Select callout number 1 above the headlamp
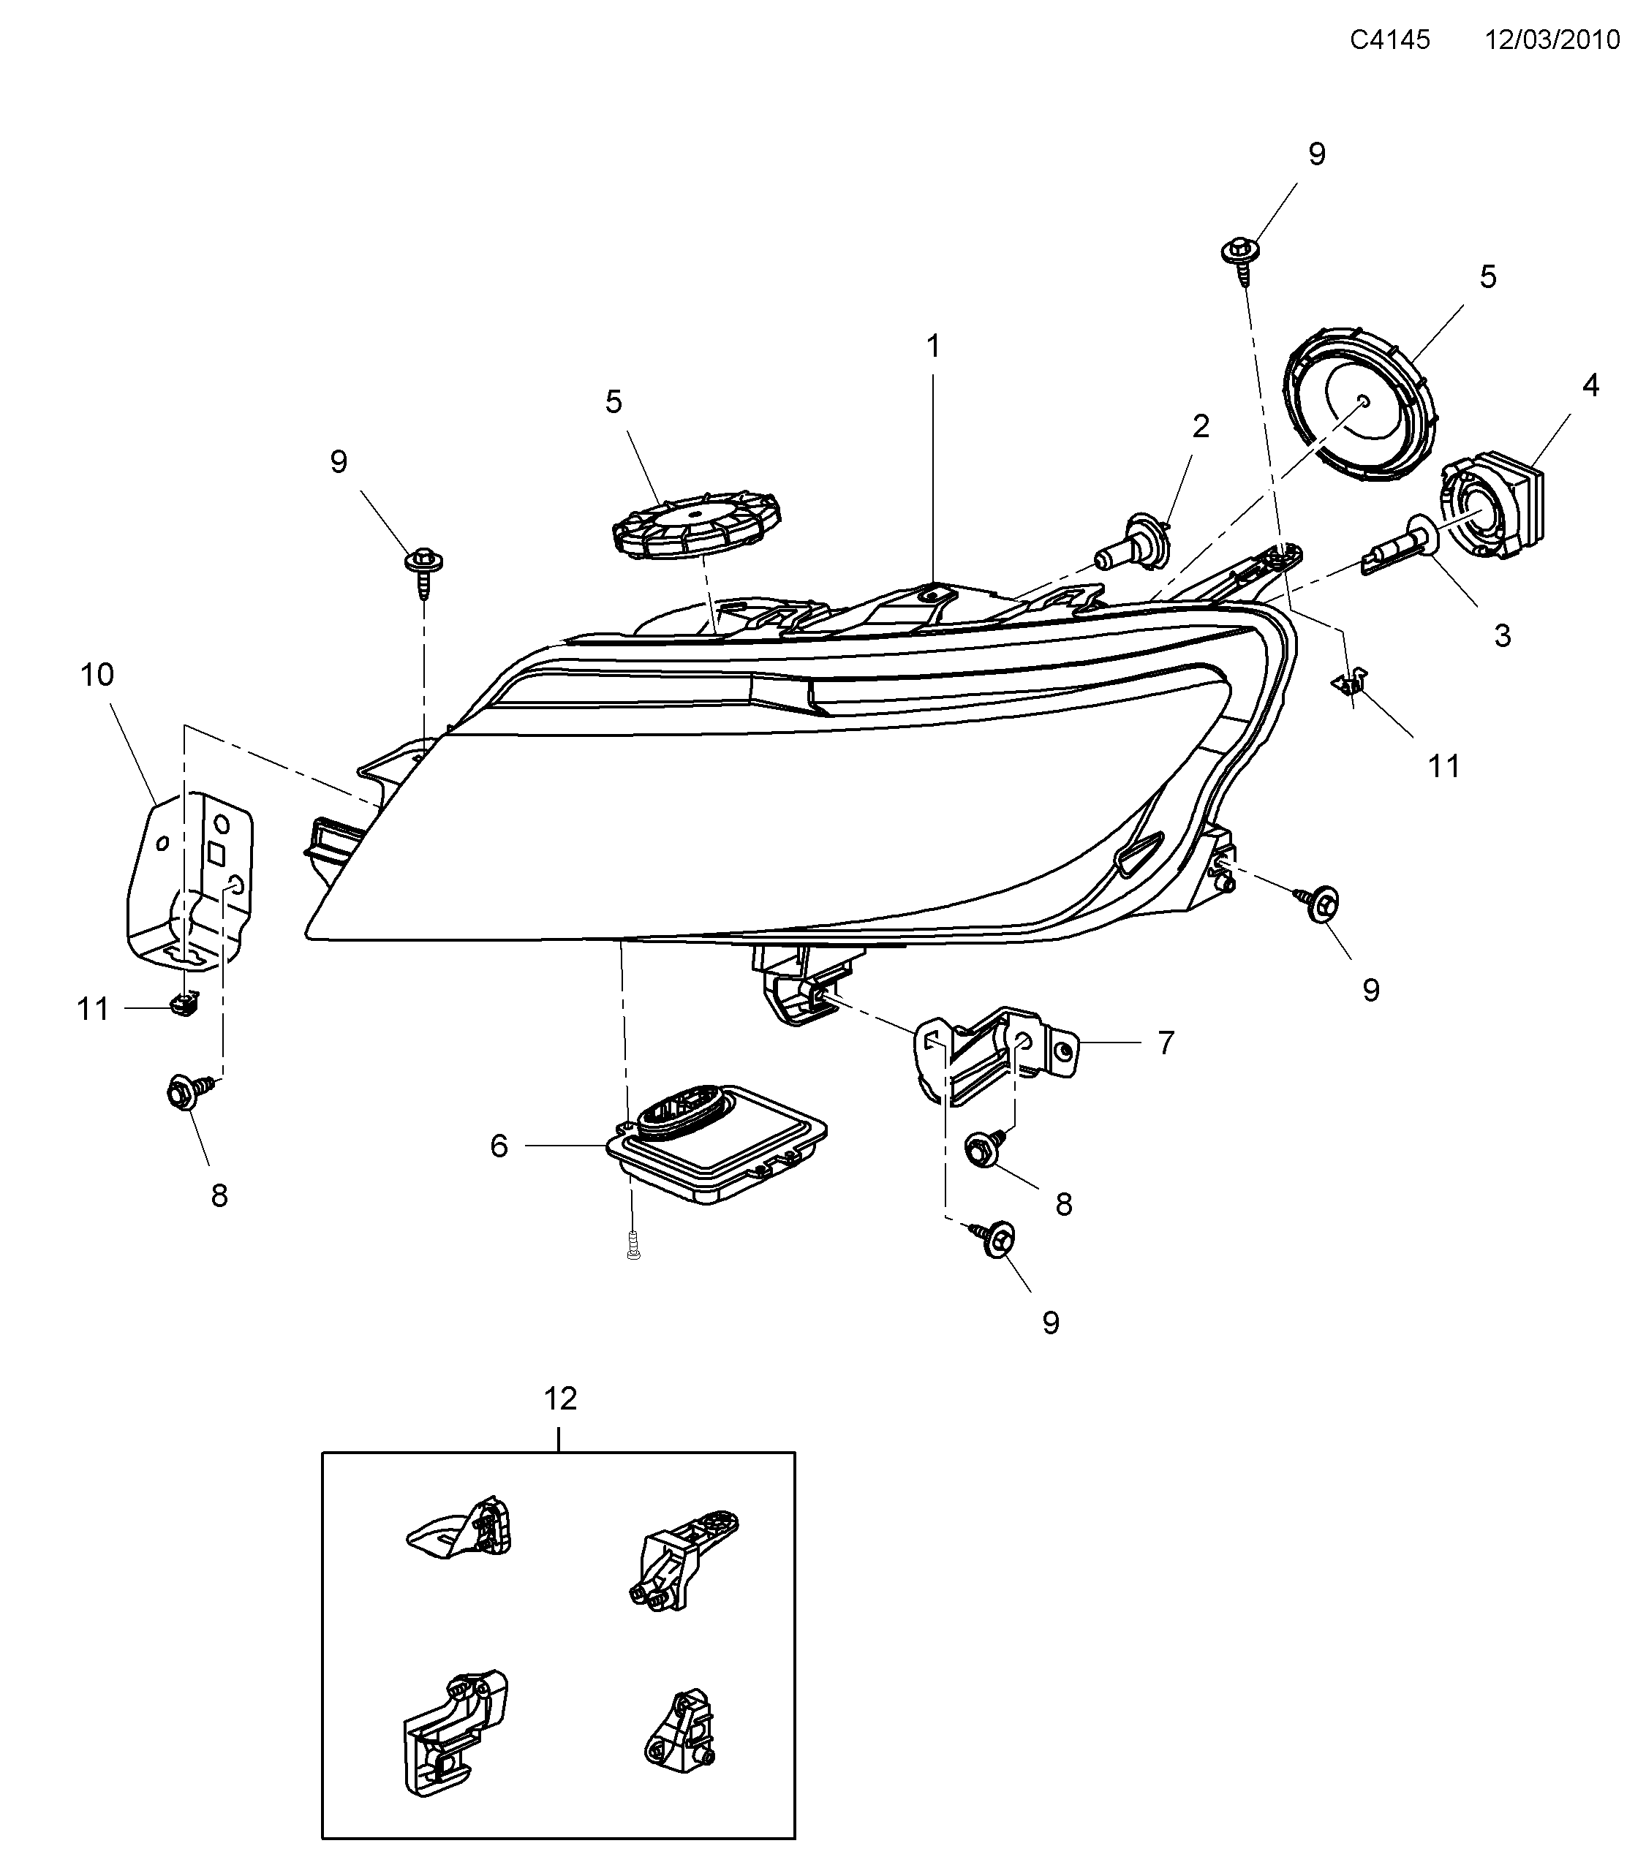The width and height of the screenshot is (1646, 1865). pos(932,346)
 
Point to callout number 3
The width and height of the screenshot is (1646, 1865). pos(1503,635)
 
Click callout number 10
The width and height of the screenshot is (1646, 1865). pos(97,676)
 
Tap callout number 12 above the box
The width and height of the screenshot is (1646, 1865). pos(560,1398)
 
